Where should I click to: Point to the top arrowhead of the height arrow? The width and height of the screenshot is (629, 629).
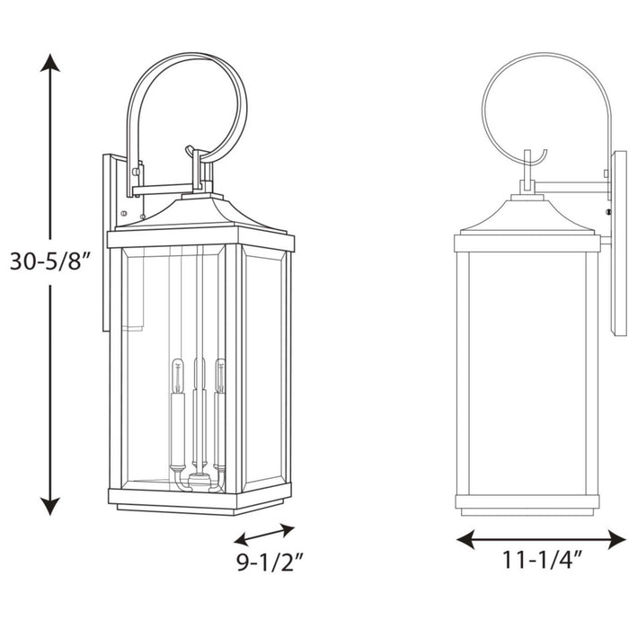tap(51, 63)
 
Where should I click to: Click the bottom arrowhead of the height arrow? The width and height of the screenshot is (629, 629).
tap(51, 505)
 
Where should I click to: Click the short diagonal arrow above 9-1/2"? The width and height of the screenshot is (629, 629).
tap(264, 535)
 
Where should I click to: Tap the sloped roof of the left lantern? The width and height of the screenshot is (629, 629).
tap(199, 216)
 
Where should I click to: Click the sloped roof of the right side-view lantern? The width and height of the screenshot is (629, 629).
tap(526, 217)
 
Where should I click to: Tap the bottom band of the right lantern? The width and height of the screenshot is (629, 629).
tap(526, 503)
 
